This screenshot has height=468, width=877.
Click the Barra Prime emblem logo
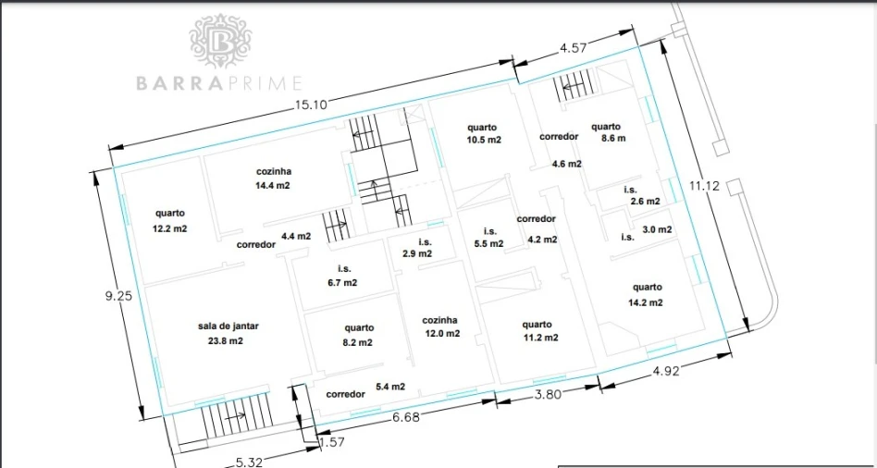pos(220,42)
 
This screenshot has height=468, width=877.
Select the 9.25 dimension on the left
pos(118,297)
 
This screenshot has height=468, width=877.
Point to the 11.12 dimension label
pos(704,186)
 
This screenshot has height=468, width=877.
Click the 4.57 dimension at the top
pos(574,48)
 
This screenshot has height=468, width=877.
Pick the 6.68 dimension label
pos(405,417)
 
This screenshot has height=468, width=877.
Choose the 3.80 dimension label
pos(548,394)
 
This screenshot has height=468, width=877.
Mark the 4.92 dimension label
pos(665,371)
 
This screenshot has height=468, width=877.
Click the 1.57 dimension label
pos(332,442)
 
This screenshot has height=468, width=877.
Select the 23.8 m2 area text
pos(225,340)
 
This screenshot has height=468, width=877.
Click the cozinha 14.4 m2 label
pos(274,179)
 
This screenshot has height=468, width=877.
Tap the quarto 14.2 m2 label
pos(648,295)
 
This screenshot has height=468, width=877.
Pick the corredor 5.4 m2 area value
pos(390,387)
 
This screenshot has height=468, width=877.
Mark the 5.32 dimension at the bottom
pos(248,462)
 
